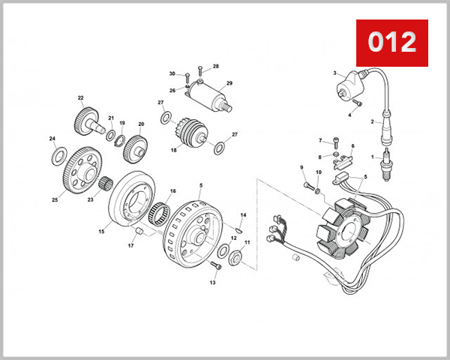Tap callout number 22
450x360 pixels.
80,97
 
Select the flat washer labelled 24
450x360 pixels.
57,157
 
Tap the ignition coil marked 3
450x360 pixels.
348,83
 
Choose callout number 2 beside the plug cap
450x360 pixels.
371,121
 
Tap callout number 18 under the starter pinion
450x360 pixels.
173,150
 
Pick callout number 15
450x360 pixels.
101,232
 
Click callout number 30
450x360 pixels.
172,73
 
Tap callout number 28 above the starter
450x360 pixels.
215,66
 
